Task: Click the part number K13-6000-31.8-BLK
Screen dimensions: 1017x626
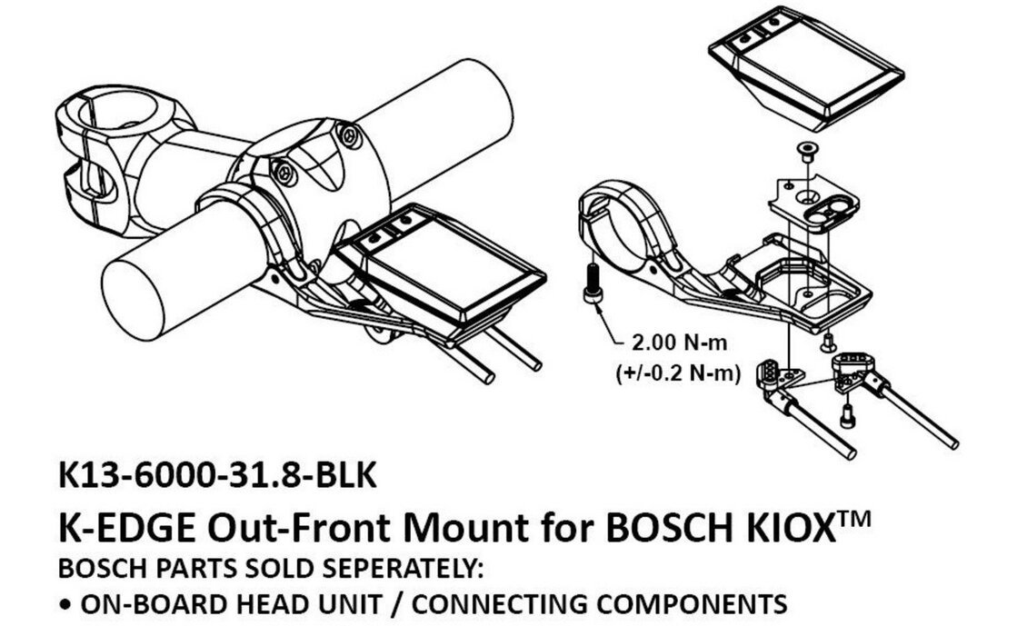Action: pos(216,475)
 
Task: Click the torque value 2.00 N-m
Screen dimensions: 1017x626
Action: pos(679,343)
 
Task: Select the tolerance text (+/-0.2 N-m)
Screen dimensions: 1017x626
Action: pos(678,373)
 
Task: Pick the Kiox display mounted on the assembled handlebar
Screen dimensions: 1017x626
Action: pos(442,272)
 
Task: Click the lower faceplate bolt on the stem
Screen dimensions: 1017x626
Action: pos(284,173)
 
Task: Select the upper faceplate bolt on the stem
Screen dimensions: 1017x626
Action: pos(349,135)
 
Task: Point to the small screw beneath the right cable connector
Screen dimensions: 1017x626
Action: pos(846,415)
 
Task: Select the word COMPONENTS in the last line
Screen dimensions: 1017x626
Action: pos(692,604)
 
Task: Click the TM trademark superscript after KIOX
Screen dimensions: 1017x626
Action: pos(852,520)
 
